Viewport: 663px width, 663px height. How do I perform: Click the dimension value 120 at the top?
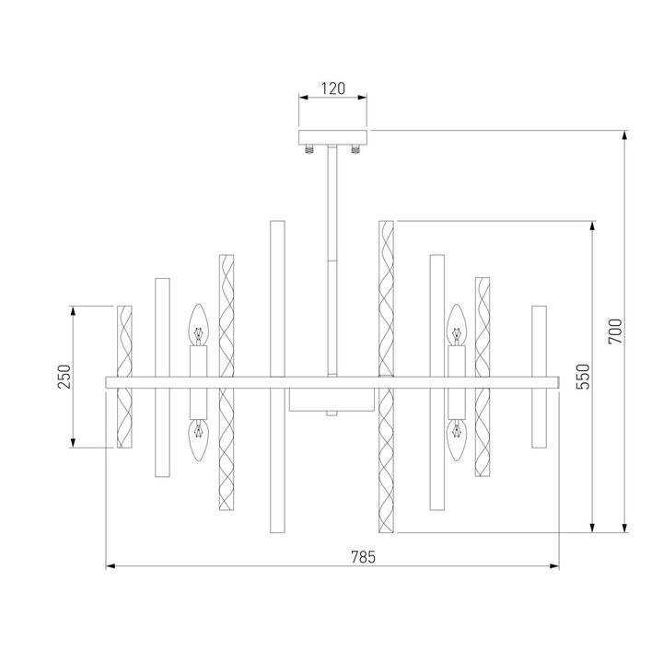[x=332, y=88]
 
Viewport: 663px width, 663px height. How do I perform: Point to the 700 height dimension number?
[x=616, y=331]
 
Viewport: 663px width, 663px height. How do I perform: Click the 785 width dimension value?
[x=365, y=556]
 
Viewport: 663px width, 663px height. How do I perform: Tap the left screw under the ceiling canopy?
[x=311, y=146]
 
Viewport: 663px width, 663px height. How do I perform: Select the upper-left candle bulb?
[x=196, y=324]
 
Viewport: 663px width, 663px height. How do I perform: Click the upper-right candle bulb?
[x=454, y=324]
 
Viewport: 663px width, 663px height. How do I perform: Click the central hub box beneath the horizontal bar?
[x=332, y=400]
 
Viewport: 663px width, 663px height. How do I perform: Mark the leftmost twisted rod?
[x=125, y=377]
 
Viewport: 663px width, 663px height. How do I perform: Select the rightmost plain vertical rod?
[x=538, y=377]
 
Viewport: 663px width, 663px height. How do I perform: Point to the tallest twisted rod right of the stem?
[x=386, y=377]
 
